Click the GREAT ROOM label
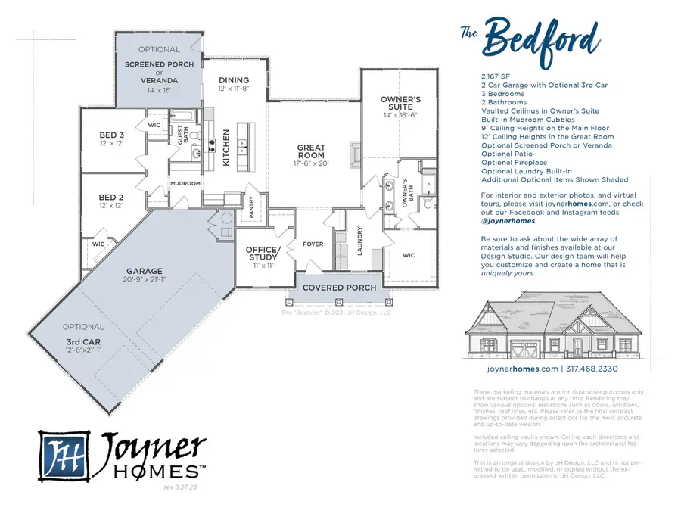click(311, 151)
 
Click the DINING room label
click(234, 80)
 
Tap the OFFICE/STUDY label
click(263, 254)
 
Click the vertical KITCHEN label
click(225, 148)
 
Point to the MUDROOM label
click(185, 183)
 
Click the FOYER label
click(313, 244)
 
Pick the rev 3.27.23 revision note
click(180, 488)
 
